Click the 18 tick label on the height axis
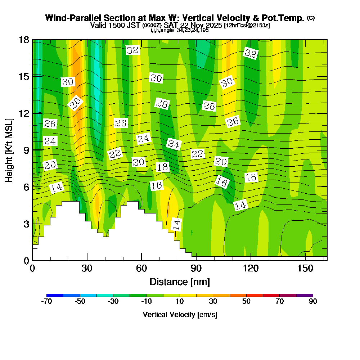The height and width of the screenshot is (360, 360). click(23, 40)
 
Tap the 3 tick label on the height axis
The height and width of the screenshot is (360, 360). click(26, 224)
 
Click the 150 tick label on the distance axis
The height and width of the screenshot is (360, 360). click(305, 268)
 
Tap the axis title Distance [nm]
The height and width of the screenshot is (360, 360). click(180, 281)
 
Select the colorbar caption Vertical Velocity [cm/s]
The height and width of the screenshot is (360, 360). click(180, 315)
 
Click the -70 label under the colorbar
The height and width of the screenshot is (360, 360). click(47, 302)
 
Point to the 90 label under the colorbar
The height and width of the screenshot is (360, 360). click(313, 302)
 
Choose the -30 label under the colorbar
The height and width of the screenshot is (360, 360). click(113, 302)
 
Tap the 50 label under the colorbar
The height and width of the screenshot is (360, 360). click(246, 302)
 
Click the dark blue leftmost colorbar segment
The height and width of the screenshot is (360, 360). click(55, 295)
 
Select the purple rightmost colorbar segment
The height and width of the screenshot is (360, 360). click(305, 295)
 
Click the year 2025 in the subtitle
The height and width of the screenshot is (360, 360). click(214, 25)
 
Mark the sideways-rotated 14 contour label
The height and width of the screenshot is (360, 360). click(177, 224)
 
